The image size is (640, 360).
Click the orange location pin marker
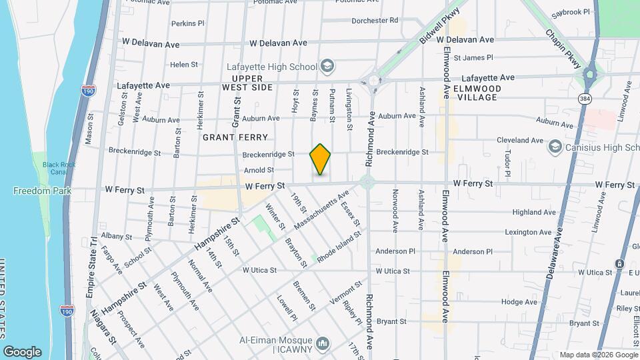(x=320, y=159)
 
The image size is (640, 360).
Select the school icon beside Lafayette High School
(x=327, y=66)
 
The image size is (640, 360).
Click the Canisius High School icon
(x=554, y=146)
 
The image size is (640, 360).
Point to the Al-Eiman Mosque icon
(x=323, y=344)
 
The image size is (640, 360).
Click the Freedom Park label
(x=33, y=191)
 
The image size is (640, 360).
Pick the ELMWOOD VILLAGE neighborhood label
(x=477, y=93)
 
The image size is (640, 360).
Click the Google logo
(x=22, y=351)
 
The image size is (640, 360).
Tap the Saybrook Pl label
(x=571, y=12)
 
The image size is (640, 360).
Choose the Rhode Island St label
(x=339, y=247)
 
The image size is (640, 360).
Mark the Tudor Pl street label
(x=508, y=163)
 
